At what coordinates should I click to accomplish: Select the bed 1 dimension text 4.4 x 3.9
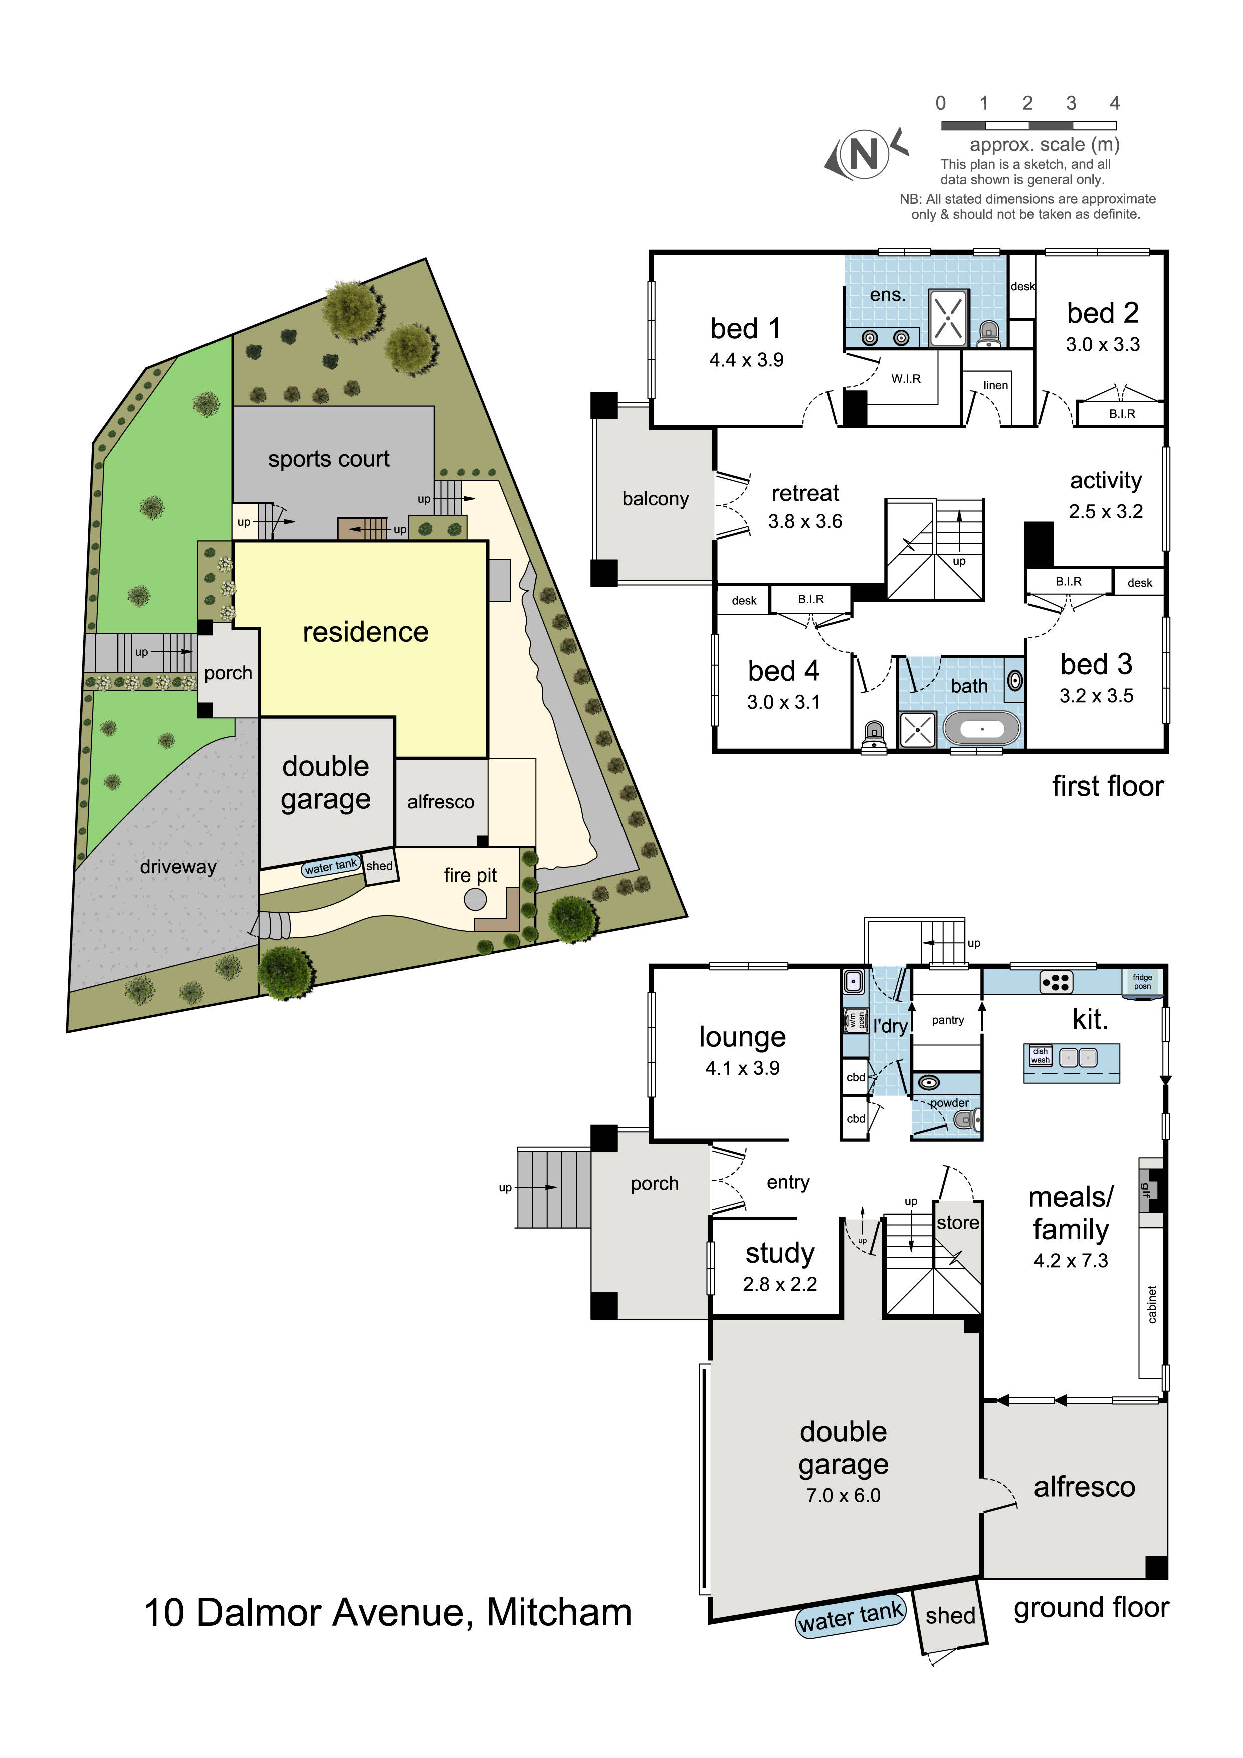point(746,360)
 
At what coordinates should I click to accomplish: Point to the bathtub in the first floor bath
point(982,729)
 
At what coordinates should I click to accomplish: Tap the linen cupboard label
point(995,385)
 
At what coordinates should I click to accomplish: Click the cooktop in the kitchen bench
point(1056,982)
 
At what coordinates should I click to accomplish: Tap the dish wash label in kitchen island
point(1040,1056)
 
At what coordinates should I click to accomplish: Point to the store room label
point(957,1223)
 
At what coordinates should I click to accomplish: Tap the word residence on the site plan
point(365,632)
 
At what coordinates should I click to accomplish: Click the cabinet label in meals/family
point(1151,1304)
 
